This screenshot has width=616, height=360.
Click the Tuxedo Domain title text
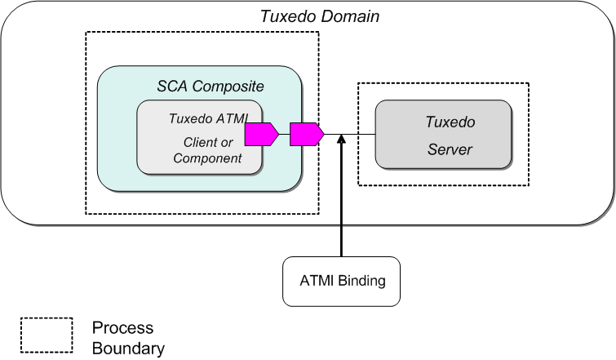(319, 16)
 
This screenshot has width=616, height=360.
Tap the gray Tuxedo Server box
(443, 135)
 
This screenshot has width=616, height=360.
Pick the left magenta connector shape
(262, 134)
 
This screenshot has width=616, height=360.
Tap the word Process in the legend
(122, 327)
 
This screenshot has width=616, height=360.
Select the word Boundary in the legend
(128, 349)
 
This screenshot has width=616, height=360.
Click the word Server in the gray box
(450, 150)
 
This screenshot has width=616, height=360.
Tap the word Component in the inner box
(207, 158)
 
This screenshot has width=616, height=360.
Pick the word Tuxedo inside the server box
(450, 122)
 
